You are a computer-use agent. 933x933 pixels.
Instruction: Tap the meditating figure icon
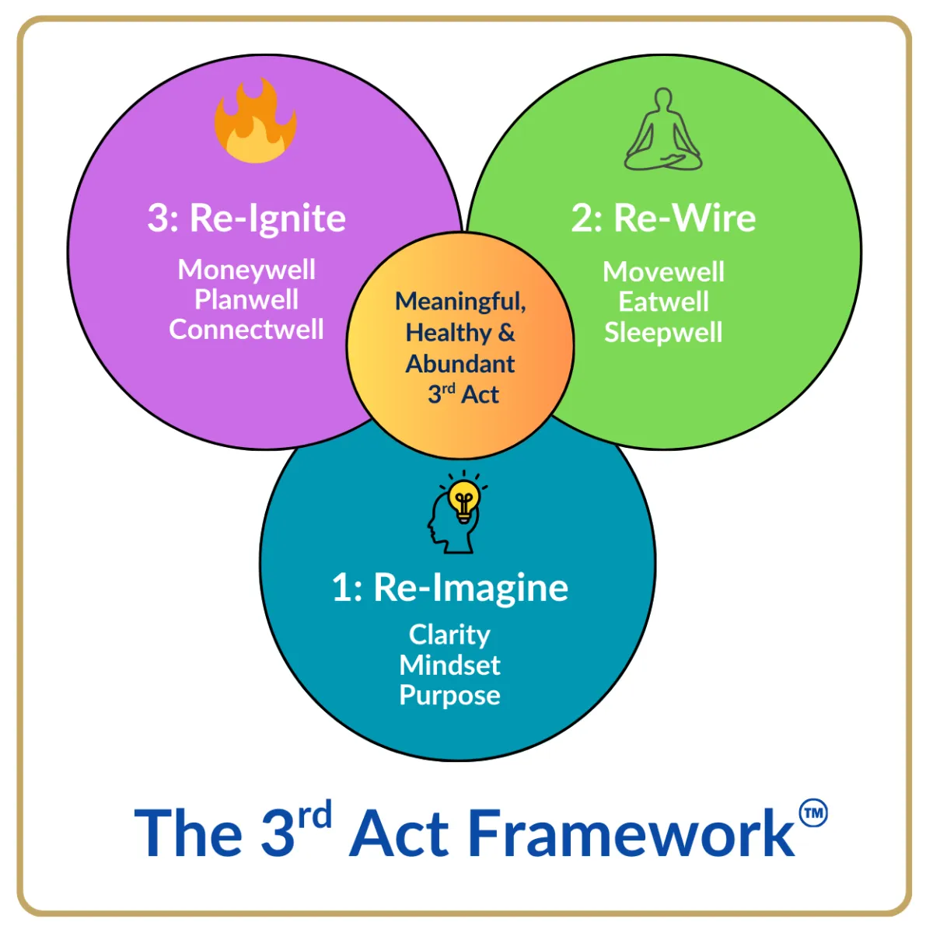[x=663, y=129]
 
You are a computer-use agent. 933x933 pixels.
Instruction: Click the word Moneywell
[x=246, y=270]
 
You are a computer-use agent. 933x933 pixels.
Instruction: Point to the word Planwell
[x=246, y=299]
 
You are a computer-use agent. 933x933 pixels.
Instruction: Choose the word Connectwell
[x=246, y=330]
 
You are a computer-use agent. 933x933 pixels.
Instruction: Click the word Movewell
[x=663, y=271]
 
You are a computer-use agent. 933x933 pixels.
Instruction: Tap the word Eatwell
[x=663, y=302]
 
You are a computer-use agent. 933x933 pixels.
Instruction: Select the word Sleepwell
[x=663, y=333]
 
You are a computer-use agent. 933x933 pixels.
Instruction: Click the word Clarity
[x=449, y=635]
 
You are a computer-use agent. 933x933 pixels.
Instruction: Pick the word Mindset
[x=450, y=665]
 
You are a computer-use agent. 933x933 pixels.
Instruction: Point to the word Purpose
[x=450, y=696]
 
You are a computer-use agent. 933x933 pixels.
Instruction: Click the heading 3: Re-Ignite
[x=246, y=218]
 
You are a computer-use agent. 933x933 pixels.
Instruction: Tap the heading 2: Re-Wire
[x=663, y=218]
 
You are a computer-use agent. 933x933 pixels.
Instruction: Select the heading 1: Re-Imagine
[x=450, y=588]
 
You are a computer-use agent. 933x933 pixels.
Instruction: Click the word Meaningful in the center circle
[x=460, y=302]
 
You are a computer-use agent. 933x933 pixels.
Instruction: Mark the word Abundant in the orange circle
[x=460, y=364]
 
